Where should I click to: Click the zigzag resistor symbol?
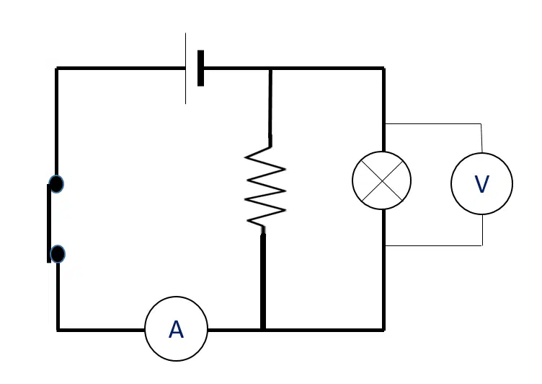[x=265, y=187]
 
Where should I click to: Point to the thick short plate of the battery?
[x=200, y=69]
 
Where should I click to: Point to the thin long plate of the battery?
[x=186, y=69]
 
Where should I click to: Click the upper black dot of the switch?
[x=56, y=184]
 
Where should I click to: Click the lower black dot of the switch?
[x=58, y=254]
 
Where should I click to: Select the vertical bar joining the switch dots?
[x=49, y=223]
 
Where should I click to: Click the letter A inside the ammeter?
[x=176, y=329]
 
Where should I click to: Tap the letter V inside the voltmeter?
[x=482, y=184]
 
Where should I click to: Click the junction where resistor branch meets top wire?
[x=271, y=69]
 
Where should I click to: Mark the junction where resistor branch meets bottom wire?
[x=263, y=330]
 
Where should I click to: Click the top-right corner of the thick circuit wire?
[x=383, y=69]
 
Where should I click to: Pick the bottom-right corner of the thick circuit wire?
[x=383, y=330]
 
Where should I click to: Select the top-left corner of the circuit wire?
[x=57, y=69]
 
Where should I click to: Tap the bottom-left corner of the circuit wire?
[x=58, y=330]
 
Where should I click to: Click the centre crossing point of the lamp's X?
[x=382, y=180]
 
